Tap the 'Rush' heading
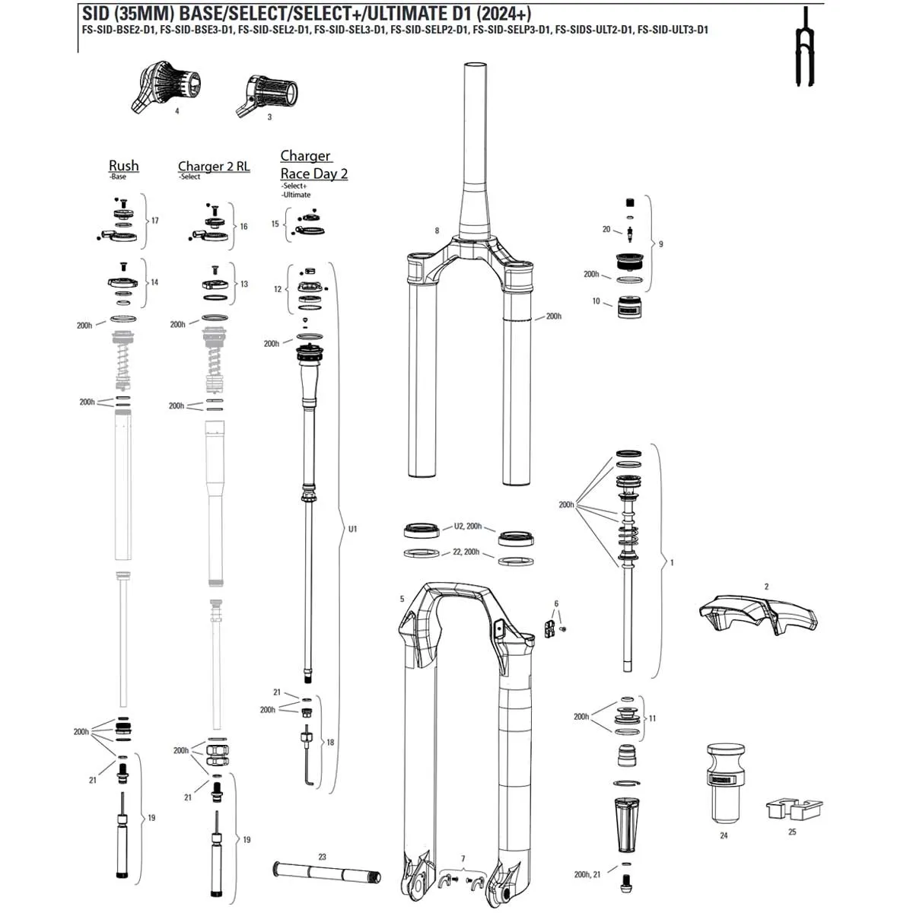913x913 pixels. (x=123, y=165)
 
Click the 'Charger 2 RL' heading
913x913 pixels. (x=214, y=166)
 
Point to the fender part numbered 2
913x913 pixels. (x=759, y=615)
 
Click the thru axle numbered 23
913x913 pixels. (x=323, y=870)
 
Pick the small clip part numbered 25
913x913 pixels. (x=792, y=810)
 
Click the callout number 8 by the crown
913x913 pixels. (x=437, y=231)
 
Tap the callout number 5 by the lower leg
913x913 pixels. (x=402, y=599)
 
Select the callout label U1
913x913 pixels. (x=352, y=529)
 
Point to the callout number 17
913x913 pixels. (x=154, y=221)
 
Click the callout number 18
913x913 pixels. (x=330, y=743)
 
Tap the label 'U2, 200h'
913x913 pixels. (x=468, y=526)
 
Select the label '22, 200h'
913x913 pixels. (x=466, y=552)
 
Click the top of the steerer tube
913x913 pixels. (x=475, y=68)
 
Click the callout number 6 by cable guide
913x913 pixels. (x=556, y=603)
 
